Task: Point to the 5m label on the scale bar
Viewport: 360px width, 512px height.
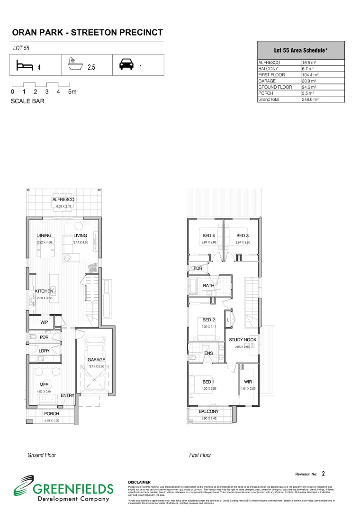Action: [72, 92]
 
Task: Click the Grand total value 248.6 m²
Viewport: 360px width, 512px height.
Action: [311, 100]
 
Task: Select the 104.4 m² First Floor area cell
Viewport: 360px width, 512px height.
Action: [311, 75]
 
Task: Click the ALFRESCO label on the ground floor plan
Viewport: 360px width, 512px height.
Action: [63, 200]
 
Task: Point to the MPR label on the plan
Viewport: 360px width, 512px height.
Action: [45, 384]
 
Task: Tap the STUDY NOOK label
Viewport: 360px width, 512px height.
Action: [243, 340]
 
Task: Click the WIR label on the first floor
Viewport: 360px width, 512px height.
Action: [248, 382]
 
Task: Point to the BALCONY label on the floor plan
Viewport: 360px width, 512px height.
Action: [208, 411]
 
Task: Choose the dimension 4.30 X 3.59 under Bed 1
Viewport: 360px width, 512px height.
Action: [208, 389]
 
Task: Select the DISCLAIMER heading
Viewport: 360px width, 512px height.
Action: [139, 482]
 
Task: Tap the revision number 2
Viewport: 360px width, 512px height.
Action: [323, 473]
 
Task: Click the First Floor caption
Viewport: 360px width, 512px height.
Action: [200, 455]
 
